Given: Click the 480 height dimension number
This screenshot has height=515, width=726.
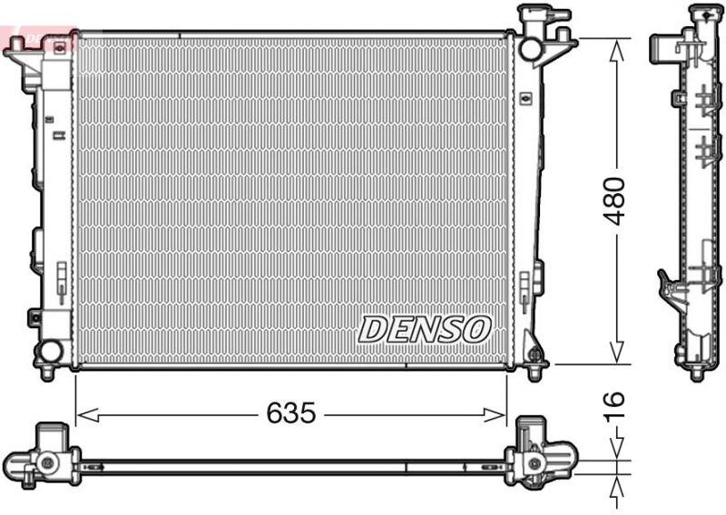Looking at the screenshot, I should pos(615,201).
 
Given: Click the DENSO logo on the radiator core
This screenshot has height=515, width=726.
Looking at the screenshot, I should pos(425,328).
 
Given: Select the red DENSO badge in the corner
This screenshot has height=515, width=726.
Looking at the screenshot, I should pos(36,36).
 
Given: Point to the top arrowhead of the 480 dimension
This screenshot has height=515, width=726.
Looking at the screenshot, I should pos(616,47).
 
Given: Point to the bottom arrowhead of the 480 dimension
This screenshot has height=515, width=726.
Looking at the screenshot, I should pos(616,355).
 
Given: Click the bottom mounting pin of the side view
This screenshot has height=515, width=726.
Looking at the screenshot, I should pos(697,373).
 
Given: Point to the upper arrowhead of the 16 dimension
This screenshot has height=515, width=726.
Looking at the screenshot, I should pos(616,452).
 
